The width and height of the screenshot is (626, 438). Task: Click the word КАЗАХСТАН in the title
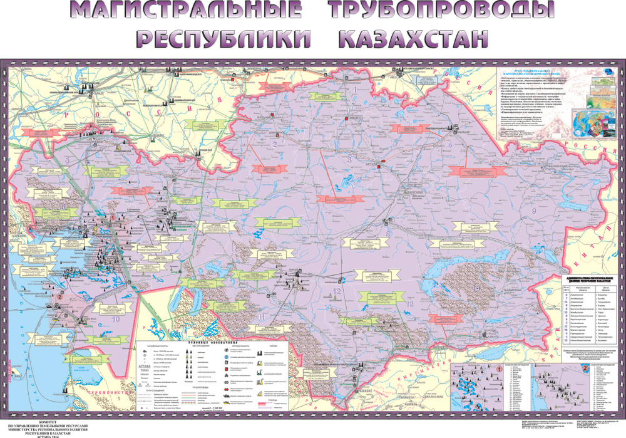[413, 38]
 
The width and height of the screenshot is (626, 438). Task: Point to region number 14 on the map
[478, 287]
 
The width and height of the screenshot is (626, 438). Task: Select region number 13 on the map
[409, 303]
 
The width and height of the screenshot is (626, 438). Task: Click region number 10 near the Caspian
[115, 318]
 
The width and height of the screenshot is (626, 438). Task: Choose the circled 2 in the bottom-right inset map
[584, 368]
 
